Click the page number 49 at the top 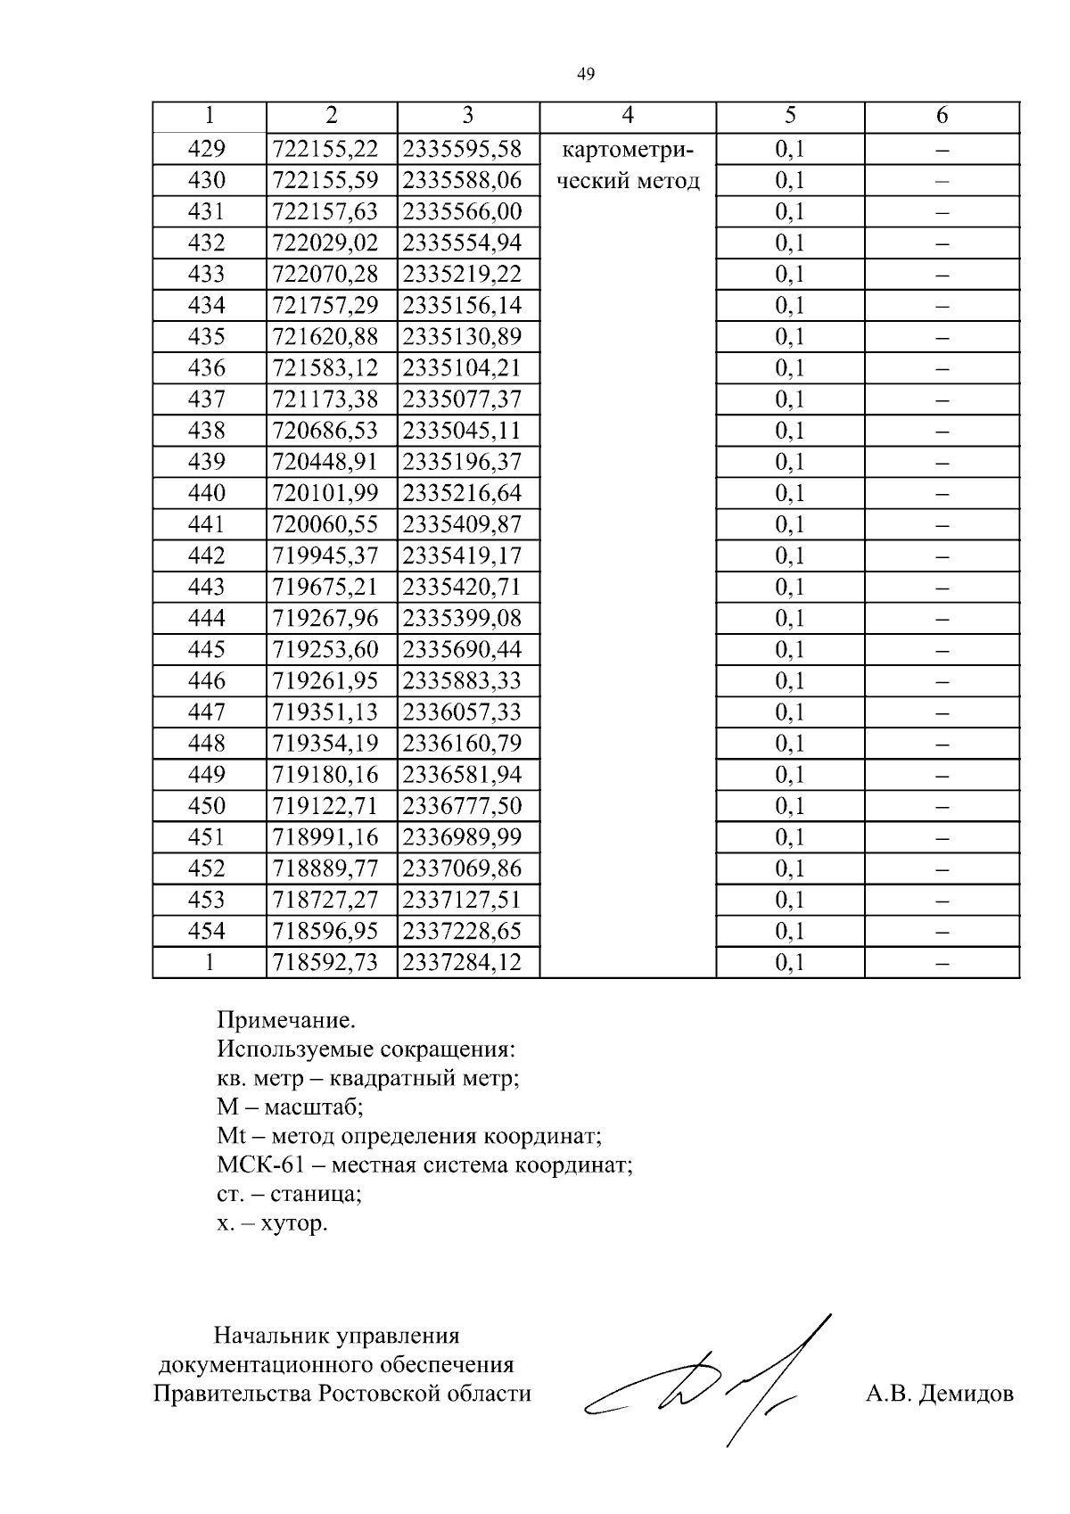click(586, 74)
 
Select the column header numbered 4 click(628, 116)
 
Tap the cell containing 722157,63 click(325, 212)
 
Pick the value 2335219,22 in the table click(462, 275)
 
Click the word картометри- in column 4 click(628, 149)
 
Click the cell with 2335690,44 click(462, 650)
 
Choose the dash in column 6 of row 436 click(942, 368)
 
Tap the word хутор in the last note click(294, 1223)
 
